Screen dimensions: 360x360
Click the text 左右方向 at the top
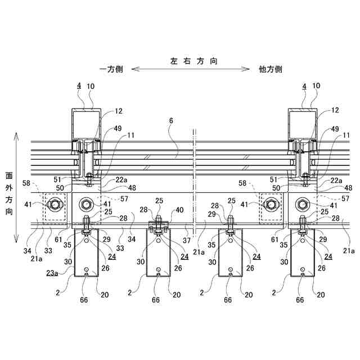tap(193, 59)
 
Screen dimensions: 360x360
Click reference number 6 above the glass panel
tap(170, 121)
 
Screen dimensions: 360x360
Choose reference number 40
tap(179, 210)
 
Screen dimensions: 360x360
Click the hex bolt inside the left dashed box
tap(55, 204)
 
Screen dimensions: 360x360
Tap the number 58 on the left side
tap(26, 183)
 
